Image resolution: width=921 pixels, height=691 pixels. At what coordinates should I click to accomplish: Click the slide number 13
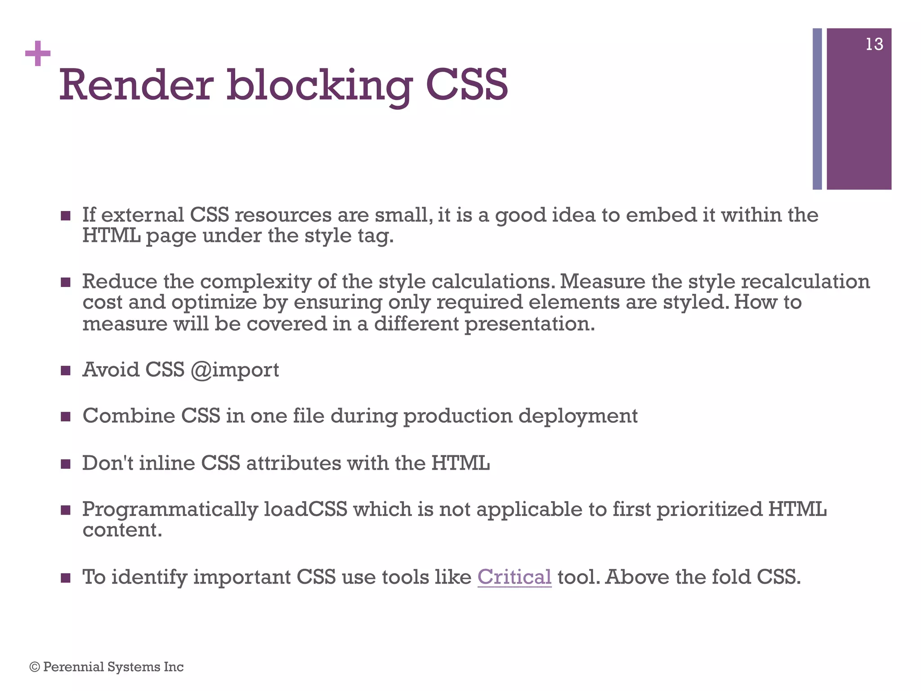click(874, 45)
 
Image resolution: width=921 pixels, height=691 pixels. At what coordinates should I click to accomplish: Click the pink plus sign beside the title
click(38, 54)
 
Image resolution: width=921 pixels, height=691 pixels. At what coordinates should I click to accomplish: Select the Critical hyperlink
click(514, 577)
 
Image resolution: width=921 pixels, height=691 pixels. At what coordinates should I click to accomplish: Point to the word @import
click(235, 370)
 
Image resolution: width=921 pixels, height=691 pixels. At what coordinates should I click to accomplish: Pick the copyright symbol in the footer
click(34, 667)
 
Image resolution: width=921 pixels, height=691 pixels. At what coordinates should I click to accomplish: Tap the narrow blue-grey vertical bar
click(817, 108)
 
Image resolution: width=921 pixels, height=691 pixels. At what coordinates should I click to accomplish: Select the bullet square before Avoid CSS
click(66, 371)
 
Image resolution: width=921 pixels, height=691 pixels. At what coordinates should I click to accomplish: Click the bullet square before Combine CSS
click(66, 417)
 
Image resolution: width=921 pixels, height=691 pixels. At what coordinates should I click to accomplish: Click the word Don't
click(107, 463)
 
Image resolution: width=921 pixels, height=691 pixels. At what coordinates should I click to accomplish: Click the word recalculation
click(805, 282)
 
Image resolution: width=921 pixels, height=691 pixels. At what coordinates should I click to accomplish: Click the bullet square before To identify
click(66, 578)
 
